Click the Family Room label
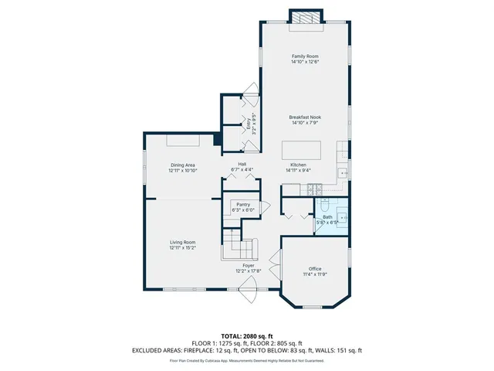(x=305, y=56)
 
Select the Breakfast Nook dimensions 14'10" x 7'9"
(x=305, y=123)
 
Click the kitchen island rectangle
(x=301, y=149)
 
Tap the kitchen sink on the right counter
(x=343, y=171)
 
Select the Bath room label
(x=327, y=217)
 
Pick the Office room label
(x=315, y=268)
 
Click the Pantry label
(x=243, y=205)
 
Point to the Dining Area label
(x=183, y=165)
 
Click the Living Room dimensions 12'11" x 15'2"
(x=183, y=248)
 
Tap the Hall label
(x=242, y=165)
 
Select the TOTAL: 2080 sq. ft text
(x=246, y=336)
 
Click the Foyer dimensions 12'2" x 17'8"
(x=249, y=271)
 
